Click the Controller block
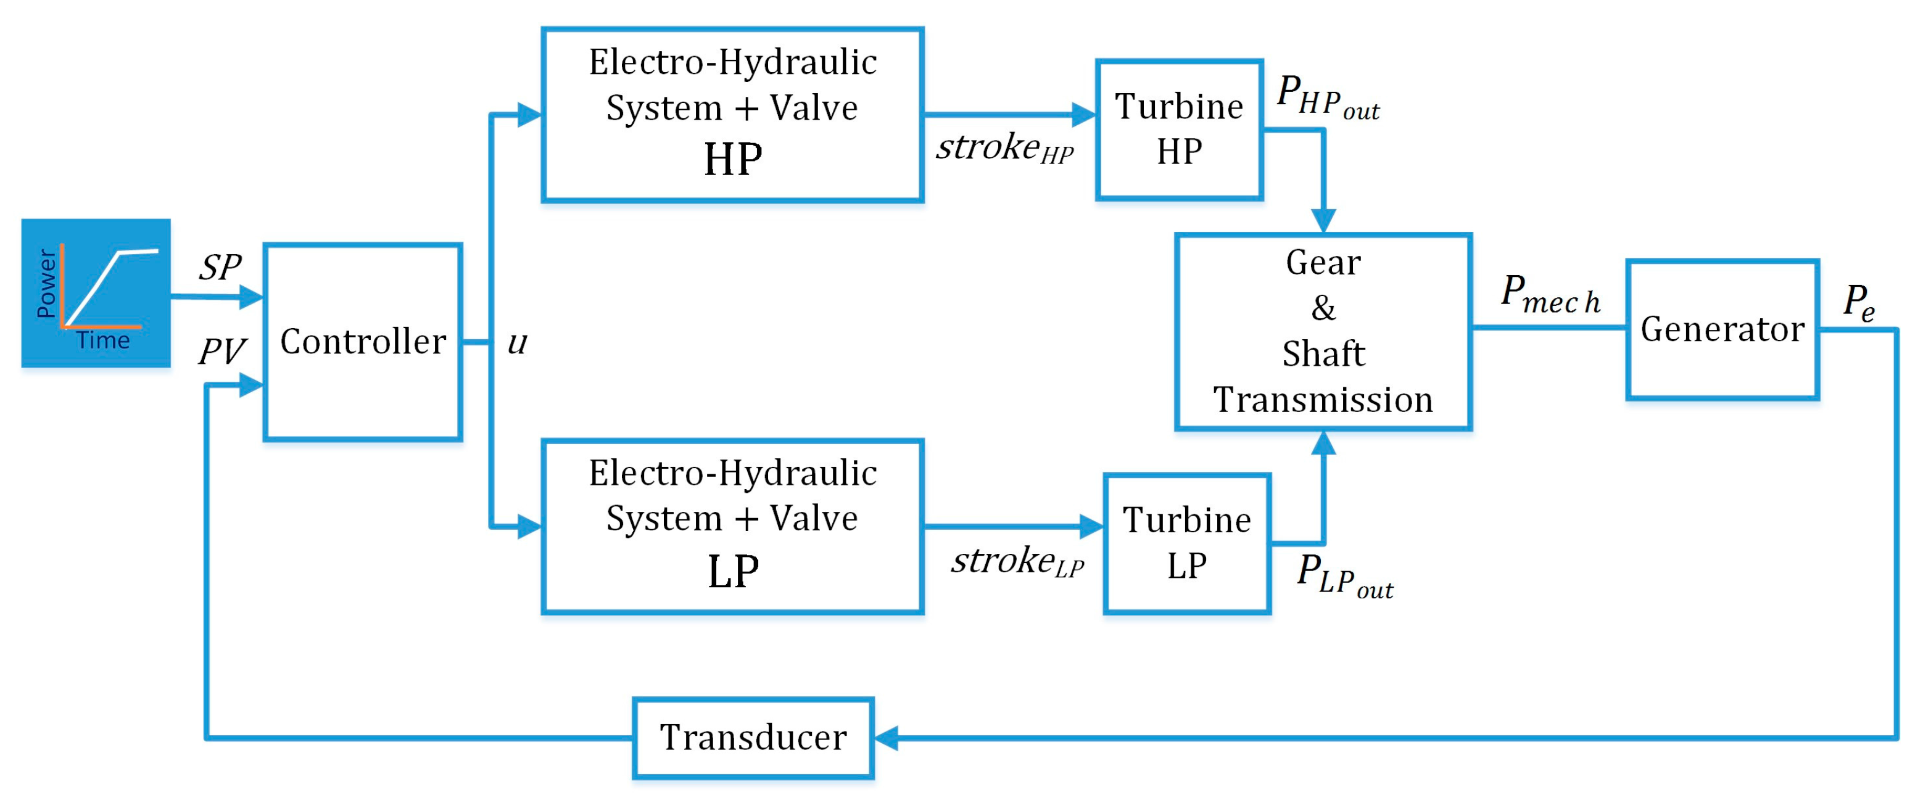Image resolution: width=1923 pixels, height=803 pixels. [x=363, y=342]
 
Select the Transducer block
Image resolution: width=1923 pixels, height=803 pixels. [x=753, y=738]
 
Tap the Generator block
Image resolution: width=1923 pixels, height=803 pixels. [x=1722, y=329]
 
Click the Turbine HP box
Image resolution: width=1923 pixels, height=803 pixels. [x=1179, y=129]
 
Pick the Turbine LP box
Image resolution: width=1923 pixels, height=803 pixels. [x=1186, y=543]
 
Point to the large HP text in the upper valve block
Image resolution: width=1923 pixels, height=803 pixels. [x=732, y=160]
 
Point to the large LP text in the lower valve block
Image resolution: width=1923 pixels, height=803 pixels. [x=732, y=572]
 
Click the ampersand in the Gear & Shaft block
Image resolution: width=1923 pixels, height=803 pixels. [x=1323, y=308]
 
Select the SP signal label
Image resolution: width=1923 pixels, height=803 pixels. [x=220, y=267]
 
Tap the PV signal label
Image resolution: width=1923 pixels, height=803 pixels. [x=221, y=351]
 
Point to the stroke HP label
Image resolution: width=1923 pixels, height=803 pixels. [x=1004, y=148]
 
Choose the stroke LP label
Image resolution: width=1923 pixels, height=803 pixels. [x=1017, y=561]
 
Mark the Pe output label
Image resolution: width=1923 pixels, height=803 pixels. [x=1858, y=302]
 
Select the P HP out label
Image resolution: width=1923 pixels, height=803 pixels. [x=1327, y=97]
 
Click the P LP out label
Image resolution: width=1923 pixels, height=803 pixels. [x=1344, y=575]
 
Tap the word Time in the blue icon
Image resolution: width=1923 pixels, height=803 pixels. [x=103, y=341]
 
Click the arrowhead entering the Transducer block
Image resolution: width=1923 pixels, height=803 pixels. [x=886, y=738]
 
